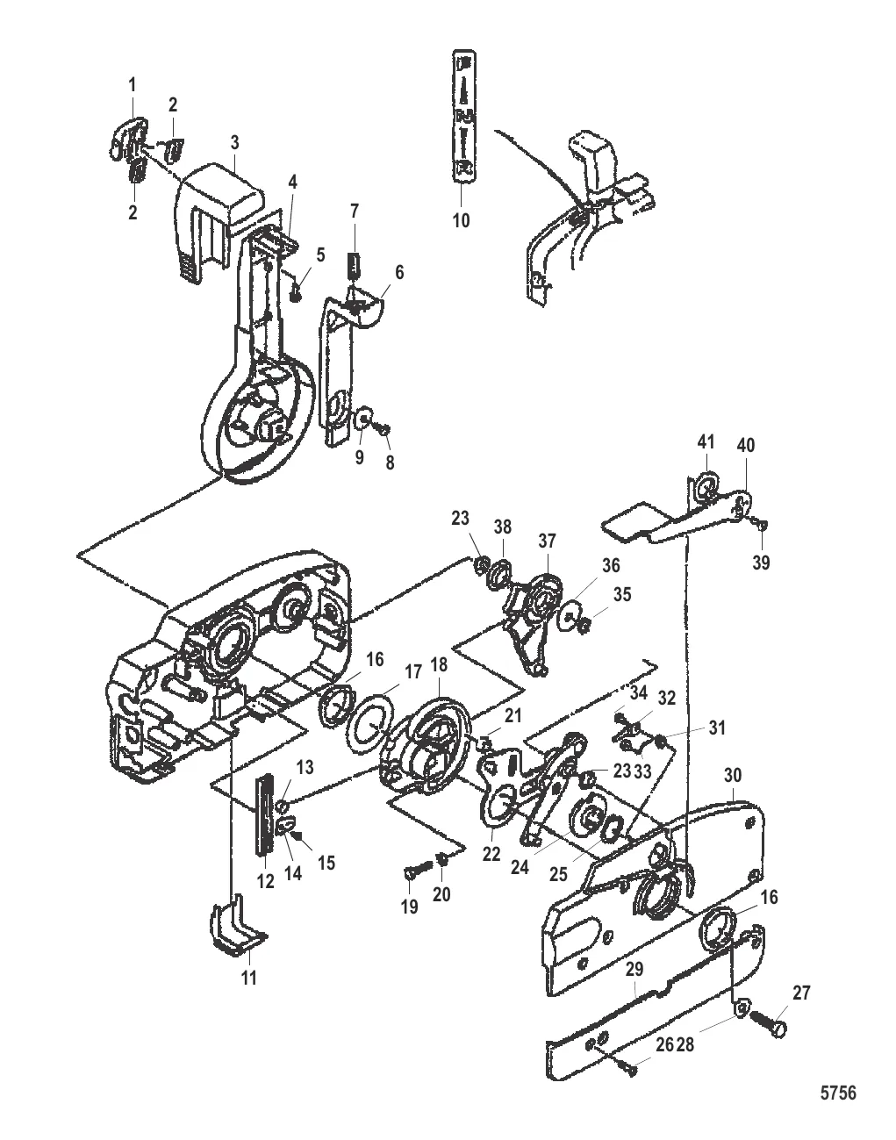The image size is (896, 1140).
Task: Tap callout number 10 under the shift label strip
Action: (462, 219)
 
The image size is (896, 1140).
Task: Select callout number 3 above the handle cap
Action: (235, 141)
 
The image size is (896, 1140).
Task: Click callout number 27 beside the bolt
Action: (801, 993)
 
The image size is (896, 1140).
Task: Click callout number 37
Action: (548, 539)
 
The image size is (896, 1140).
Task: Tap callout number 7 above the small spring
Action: (354, 212)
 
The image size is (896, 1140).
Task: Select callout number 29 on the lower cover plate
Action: (634, 971)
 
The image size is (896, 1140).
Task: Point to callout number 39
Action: (761, 563)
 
